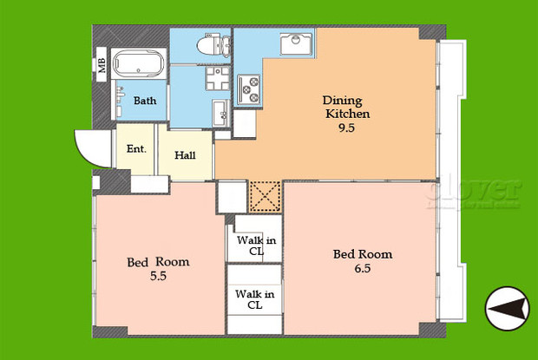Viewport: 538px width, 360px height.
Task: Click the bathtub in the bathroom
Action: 141,66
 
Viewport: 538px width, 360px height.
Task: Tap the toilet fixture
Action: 211,46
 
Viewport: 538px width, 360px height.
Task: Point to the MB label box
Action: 101,65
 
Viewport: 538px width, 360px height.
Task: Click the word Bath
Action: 145,101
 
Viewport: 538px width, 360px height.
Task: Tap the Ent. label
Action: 136,149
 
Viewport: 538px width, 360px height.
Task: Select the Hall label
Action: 185,156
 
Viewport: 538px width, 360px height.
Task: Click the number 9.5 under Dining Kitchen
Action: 348,128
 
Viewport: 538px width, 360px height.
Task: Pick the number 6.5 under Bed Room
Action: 362,269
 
